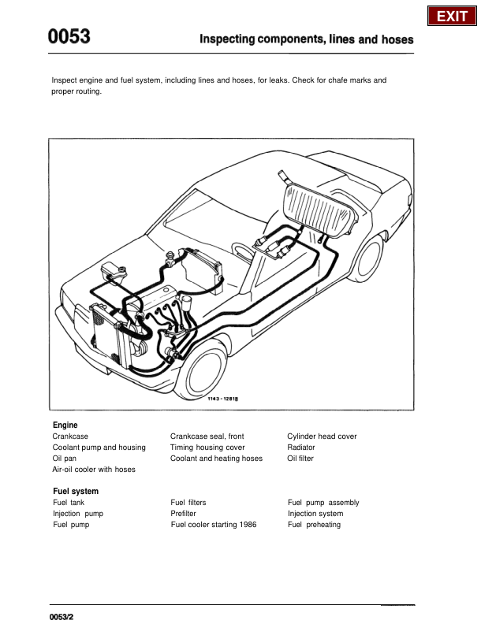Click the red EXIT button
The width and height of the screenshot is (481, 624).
[452, 16]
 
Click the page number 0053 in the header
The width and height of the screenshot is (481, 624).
[69, 37]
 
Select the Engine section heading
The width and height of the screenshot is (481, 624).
[65, 425]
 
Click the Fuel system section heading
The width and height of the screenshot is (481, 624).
[76, 491]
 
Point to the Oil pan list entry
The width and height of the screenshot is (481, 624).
[65, 458]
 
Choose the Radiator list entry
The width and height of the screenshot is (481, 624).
[301, 447]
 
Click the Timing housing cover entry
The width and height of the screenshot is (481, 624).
[207, 447]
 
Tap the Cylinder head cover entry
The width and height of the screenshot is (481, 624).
[322, 436]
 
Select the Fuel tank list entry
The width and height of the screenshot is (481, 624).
[69, 502]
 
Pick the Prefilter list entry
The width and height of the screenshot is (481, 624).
[184, 513]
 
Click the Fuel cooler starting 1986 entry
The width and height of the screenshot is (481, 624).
[214, 524]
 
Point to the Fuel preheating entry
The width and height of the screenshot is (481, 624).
[315, 524]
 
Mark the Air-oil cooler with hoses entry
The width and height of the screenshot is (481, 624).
[94, 469]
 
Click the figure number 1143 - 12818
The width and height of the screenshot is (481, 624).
[223, 399]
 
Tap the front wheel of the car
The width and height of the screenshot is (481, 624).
[206, 367]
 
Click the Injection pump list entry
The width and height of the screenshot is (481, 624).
[77, 513]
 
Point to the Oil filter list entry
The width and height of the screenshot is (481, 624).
[300, 458]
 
